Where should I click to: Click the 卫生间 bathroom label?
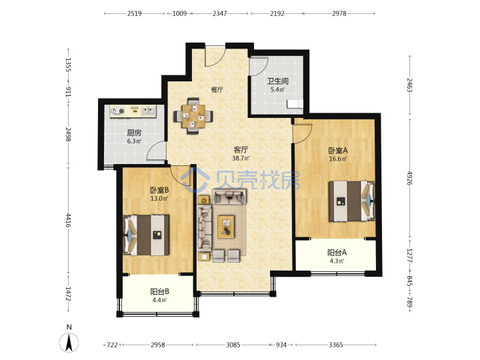point(277,81)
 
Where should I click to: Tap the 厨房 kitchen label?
point(134,133)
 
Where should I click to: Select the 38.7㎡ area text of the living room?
point(241,158)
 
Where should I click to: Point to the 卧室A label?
point(338,151)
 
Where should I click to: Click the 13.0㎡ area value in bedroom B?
point(159,199)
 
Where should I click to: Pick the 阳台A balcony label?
point(337,253)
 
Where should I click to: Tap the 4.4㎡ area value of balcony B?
point(159,300)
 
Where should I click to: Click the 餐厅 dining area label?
point(217,90)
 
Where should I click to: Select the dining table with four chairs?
point(193,116)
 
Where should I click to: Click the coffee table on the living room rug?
point(226,227)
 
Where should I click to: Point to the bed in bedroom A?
point(352,201)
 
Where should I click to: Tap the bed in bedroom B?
point(146,235)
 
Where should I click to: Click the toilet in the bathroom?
point(295,104)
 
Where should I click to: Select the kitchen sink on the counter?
point(149,111)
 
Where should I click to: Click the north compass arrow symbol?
point(69,342)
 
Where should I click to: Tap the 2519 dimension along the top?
point(135,13)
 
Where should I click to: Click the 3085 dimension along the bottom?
point(233,345)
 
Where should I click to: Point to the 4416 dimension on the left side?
point(68,221)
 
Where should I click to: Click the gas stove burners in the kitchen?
point(117,111)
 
